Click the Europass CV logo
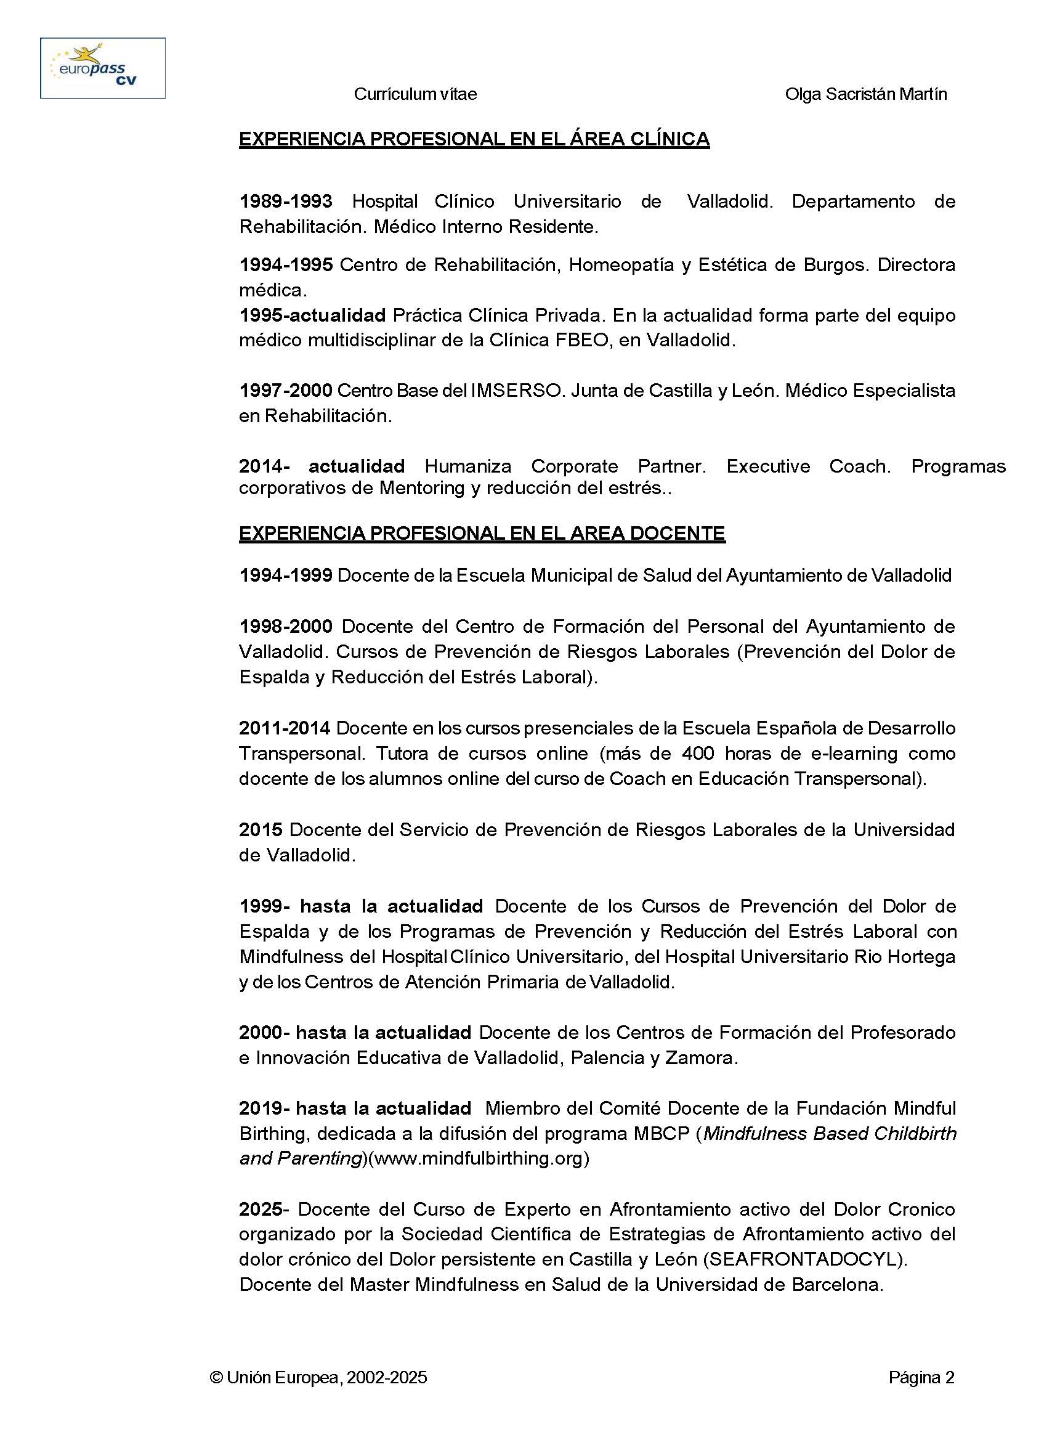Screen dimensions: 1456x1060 pyautogui.click(x=103, y=68)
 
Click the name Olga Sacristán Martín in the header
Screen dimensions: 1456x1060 pyautogui.click(x=865, y=94)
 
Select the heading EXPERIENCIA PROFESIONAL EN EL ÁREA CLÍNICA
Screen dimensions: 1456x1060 pyautogui.click(x=474, y=139)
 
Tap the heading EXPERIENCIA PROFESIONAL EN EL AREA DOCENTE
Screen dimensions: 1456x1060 pyautogui.click(x=482, y=534)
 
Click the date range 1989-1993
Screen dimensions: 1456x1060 pyautogui.click(x=286, y=201)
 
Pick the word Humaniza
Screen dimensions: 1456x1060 pyautogui.click(x=467, y=466)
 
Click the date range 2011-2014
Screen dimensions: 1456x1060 pyautogui.click(x=285, y=728)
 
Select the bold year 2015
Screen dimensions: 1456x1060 pyautogui.click(x=261, y=829)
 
